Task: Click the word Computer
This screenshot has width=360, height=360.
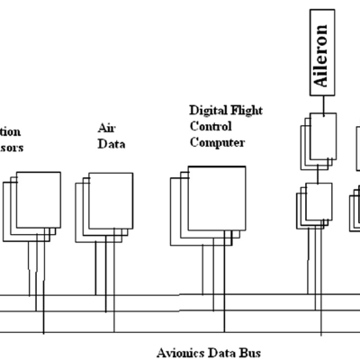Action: click(x=216, y=142)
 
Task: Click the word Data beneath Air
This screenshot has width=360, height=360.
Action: click(x=111, y=142)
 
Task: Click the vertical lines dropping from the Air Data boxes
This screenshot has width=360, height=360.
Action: click(x=101, y=270)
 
